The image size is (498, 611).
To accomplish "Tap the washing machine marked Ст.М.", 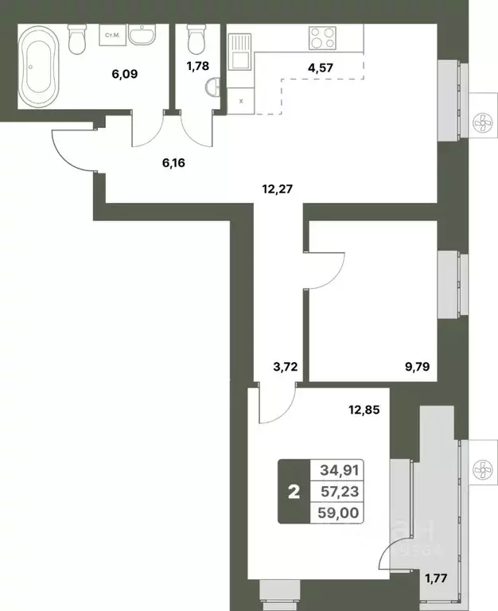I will click(110, 35).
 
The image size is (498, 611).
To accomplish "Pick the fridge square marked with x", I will click(241, 101).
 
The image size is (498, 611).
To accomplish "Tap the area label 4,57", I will click(321, 67).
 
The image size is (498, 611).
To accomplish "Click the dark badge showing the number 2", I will click(294, 492).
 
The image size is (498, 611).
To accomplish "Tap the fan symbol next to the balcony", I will click(481, 470).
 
